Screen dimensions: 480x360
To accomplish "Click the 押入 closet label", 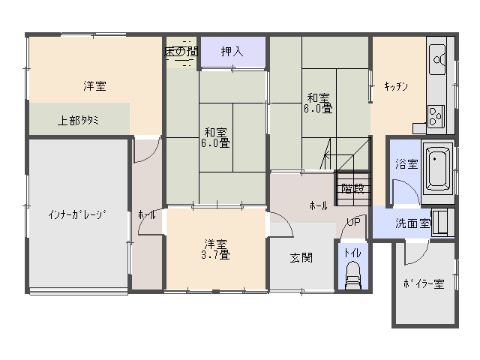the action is coord(232,52).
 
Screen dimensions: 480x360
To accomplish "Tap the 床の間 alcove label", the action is coord(181,52).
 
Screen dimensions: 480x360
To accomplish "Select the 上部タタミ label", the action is coord(78,120).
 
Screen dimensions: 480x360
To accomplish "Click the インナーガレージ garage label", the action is coord(77,214).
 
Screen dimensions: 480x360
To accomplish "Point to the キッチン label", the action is coord(396,87).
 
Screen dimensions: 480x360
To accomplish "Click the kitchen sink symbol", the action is coord(437,59).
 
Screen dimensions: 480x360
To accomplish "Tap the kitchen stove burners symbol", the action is coord(436,116).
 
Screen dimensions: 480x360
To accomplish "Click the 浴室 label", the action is coord(406,163).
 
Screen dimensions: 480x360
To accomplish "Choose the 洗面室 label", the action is coord(412,223).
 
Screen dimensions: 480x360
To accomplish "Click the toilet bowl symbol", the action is coord(353,275).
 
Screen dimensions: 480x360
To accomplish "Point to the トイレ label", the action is coord(352,253).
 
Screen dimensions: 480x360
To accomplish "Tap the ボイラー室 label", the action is coord(424,283).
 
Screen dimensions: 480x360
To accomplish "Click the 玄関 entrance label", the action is coord(301,258).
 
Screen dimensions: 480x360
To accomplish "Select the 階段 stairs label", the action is coord(352,188).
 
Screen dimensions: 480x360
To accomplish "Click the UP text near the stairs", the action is coord(353,222).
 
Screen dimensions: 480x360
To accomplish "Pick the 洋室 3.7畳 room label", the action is coord(215,249).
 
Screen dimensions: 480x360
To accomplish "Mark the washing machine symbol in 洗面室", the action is coord(442,222).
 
